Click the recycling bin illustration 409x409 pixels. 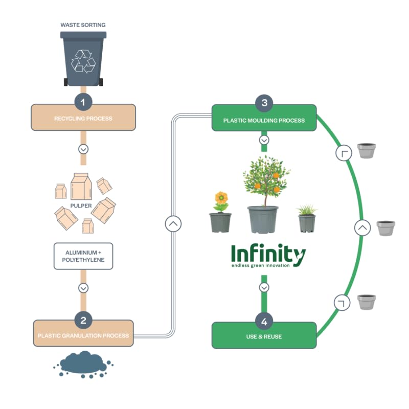click(x=83, y=58)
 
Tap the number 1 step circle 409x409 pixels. click(x=83, y=101)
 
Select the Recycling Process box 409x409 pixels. click(x=83, y=118)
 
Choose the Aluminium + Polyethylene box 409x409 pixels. click(x=83, y=256)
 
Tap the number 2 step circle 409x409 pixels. click(x=83, y=320)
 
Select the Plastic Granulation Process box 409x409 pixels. click(x=83, y=336)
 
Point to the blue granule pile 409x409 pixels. click(x=83, y=363)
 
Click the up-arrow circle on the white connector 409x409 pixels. click(x=173, y=223)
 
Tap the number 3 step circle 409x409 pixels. click(x=264, y=103)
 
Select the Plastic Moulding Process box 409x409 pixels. click(x=264, y=120)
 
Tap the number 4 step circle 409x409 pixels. click(x=264, y=322)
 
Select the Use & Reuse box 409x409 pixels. click(x=264, y=337)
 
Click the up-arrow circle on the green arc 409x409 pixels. click(x=362, y=228)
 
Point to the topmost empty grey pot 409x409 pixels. click(x=366, y=150)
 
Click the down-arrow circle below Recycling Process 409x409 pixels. click(x=83, y=149)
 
